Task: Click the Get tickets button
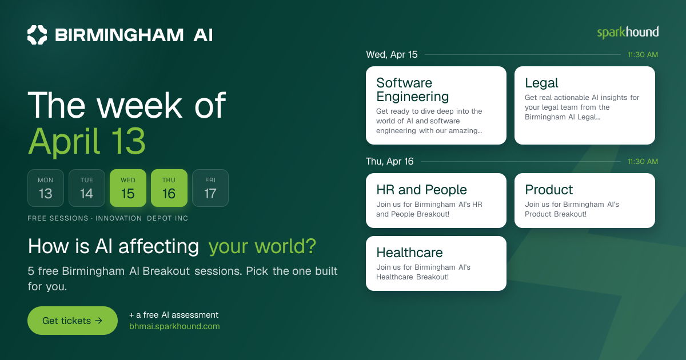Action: click(x=73, y=321)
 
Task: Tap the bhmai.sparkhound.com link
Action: click(x=174, y=326)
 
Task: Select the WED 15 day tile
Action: click(x=128, y=188)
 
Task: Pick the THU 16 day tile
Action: click(x=169, y=188)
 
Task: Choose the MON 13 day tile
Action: click(x=46, y=188)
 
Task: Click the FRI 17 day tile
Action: click(x=210, y=188)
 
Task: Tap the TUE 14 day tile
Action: click(x=87, y=188)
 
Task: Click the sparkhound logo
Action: click(x=628, y=33)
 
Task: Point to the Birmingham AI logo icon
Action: click(x=37, y=35)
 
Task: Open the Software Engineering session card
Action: click(x=436, y=105)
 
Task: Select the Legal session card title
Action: click(x=541, y=83)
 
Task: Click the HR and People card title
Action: click(x=421, y=190)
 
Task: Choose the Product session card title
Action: click(x=549, y=190)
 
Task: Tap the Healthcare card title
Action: click(x=409, y=253)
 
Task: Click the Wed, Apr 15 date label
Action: click(x=392, y=54)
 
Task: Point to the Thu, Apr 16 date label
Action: click(x=389, y=161)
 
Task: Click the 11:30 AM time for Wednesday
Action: click(x=643, y=55)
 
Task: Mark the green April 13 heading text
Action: click(x=87, y=142)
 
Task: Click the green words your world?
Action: click(x=262, y=246)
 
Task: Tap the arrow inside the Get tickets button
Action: click(x=98, y=321)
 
